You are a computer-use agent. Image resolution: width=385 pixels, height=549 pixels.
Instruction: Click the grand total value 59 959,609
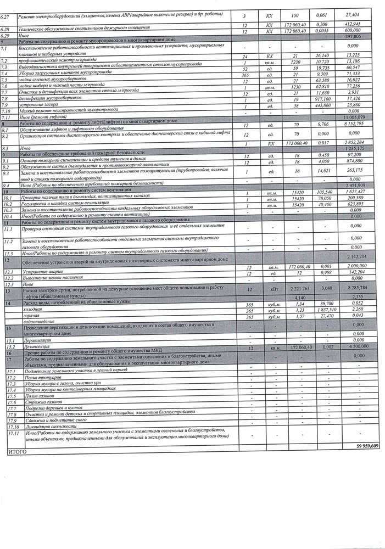367,446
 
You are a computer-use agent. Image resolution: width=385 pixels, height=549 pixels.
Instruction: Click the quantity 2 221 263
298,288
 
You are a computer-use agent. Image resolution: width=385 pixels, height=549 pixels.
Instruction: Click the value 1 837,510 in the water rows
326,310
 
